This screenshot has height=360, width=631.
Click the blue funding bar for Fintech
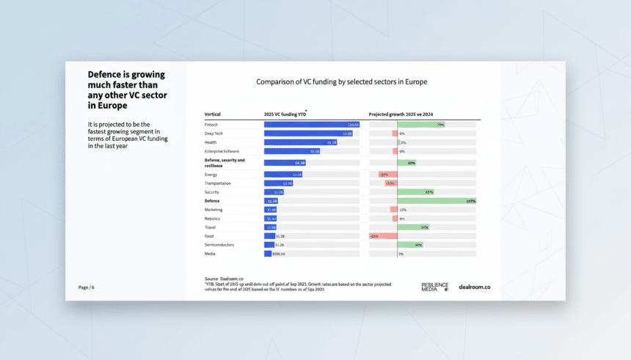311,125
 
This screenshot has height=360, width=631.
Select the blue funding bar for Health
301,142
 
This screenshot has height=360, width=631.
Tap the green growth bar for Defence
437,201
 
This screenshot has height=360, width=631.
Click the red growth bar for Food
383,236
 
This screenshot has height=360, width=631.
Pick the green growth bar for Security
415,192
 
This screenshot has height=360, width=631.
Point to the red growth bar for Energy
387,175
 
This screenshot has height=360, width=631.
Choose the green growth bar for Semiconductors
410,245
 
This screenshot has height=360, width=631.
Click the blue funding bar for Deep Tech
308,133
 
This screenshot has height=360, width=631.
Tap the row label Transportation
218,183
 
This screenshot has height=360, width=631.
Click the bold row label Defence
212,201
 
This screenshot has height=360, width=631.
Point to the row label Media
210,254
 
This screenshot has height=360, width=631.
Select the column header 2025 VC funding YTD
285,114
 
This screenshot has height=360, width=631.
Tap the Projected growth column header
401,114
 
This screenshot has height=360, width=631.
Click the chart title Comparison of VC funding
341,82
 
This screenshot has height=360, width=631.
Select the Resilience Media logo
434,287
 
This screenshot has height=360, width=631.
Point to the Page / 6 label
86,287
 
